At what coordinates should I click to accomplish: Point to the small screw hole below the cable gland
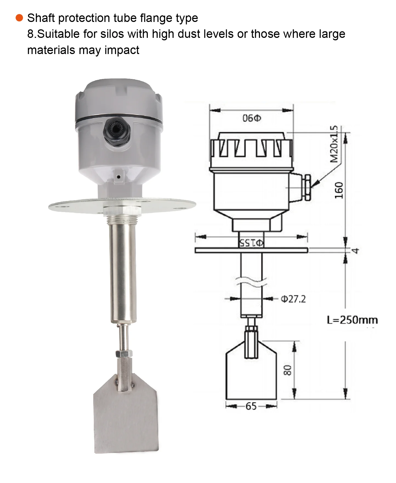coord(118,177)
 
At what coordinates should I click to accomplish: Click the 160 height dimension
coord(339,190)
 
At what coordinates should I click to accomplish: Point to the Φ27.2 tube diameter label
coord(293,299)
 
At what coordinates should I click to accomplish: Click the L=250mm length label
coord(352,320)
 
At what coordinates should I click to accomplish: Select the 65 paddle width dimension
coord(251,406)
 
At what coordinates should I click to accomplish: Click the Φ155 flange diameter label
coord(251,243)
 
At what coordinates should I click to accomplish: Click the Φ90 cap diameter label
coord(251,118)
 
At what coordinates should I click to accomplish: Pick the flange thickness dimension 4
coord(355,250)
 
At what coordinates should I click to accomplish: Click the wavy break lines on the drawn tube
coord(251,283)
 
